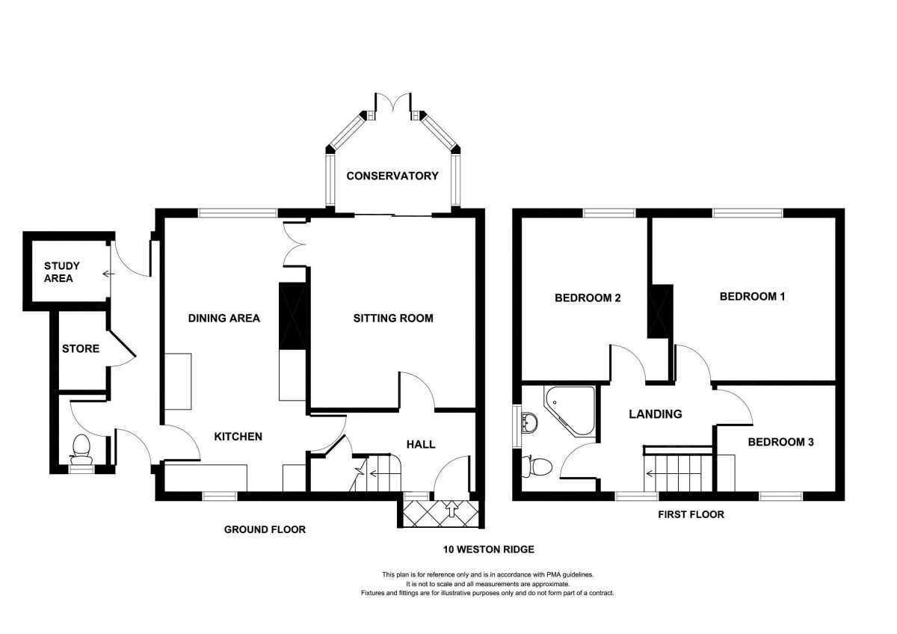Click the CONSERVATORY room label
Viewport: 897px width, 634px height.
click(x=392, y=176)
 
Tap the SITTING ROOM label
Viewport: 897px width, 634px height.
click(x=393, y=318)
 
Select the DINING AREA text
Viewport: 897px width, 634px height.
click(x=224, y=318)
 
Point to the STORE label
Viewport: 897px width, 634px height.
click(x=81, y=348)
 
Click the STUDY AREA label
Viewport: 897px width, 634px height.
click(x=61, y=272)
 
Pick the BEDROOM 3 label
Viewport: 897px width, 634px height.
click(x=780, y=442)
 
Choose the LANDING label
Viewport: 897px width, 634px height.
click(x=655, y=414)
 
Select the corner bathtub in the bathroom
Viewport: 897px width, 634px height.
click(x=569, y=410)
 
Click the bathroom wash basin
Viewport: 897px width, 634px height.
click(x=529, y=422)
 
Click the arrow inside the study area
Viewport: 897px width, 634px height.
click(x=108, y=274)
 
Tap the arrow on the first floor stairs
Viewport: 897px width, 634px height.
click(x=673, y=474)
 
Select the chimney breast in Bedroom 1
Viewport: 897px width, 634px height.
click(x=660, y=312)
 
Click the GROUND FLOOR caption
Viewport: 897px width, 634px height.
click(x=265, y=529)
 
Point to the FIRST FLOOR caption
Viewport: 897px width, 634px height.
click(x=691, y=514)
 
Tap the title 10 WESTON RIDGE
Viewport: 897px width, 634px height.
click(x=489, y=550)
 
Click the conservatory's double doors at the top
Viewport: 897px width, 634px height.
click(x=393, y=102)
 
